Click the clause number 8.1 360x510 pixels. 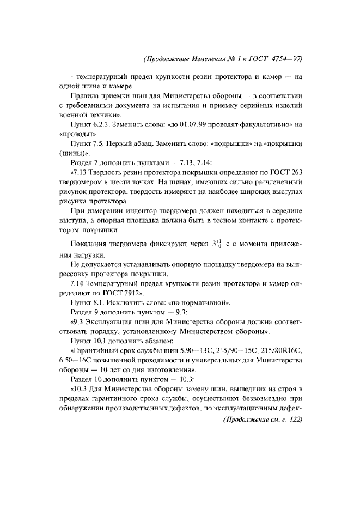click(97, 302)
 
